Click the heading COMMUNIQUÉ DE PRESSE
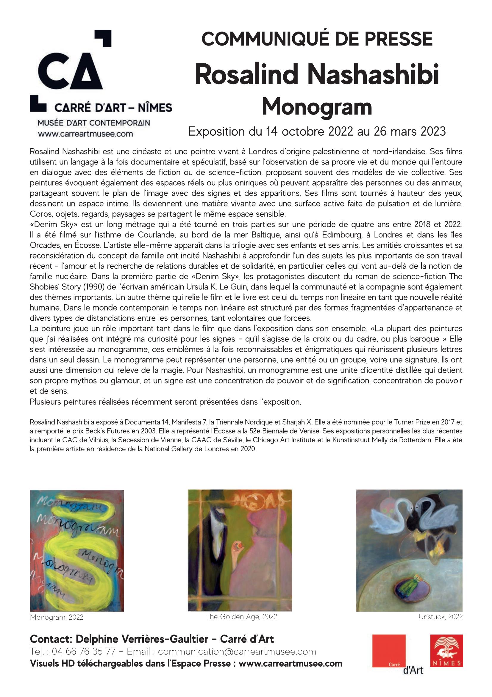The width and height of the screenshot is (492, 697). (317, 40)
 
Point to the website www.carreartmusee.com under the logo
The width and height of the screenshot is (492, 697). (85, 134)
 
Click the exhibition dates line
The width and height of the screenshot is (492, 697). (317, 131)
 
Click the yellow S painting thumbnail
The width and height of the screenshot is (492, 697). (76, 550)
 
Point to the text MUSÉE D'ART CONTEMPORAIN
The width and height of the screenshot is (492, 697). (93, 123)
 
